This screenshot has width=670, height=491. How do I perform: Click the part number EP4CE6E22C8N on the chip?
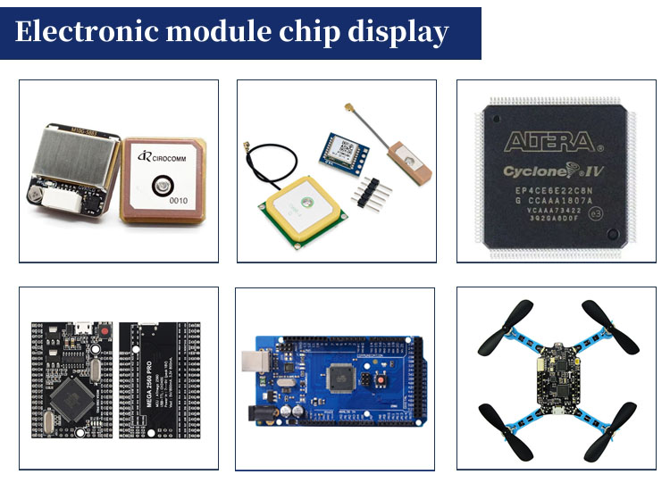554,189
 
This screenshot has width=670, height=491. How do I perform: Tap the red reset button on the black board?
105,331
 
